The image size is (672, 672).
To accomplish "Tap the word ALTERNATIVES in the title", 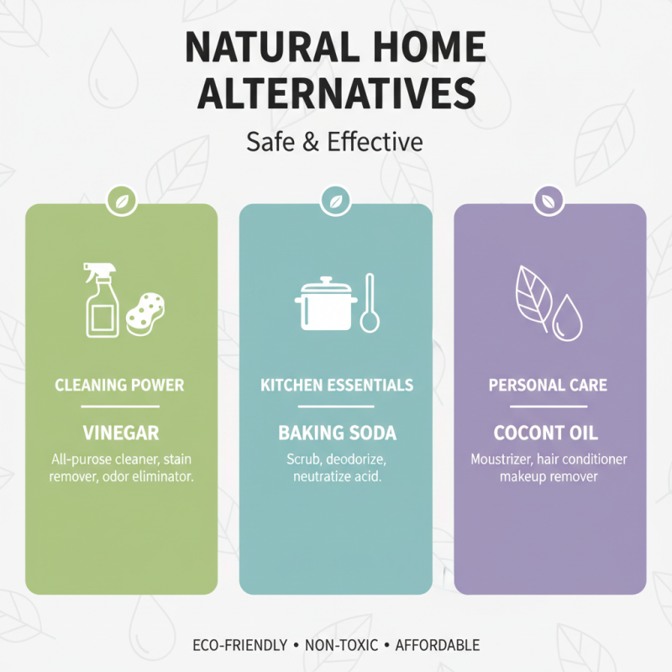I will click(x=335, y=94).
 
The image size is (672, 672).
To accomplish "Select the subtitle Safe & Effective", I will click(x=335, y=142).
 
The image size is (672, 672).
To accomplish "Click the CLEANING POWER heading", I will click(x=119, y=386).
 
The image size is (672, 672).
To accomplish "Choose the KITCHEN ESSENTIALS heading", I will click(x=336, y=386).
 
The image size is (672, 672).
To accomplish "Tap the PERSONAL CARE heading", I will click(x=549, y=386).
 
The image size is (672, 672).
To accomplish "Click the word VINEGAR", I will click(x=120, y=433).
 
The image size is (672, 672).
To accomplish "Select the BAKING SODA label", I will click(x=336, y=433).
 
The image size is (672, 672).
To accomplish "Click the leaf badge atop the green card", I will click(x=121, y=202).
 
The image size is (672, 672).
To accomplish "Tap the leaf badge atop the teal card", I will click(x=336, y=202).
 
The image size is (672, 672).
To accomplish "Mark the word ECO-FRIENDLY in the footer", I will click(x=239, y=645).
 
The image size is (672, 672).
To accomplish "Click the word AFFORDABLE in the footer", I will click(x=438, y=645).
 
